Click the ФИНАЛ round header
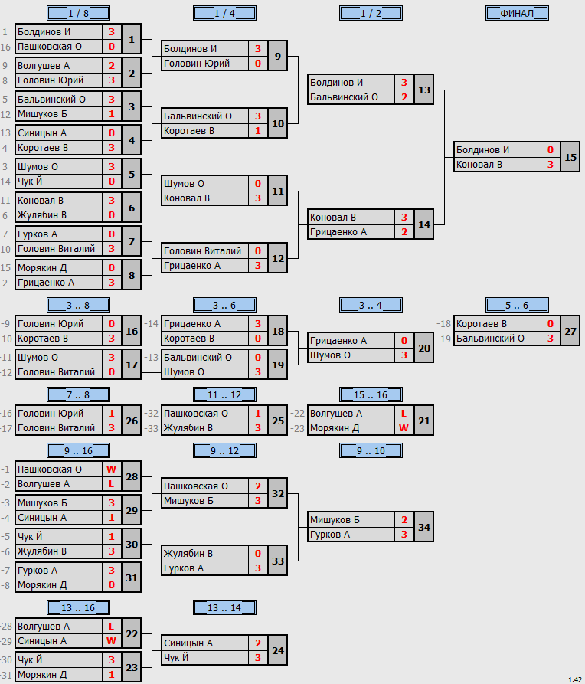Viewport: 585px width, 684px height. point(517,14)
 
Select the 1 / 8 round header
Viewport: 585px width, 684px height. point(79,14)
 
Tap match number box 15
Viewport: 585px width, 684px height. point(570,157)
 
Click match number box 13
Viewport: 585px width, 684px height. point(424,90)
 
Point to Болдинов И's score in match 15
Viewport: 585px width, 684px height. point(551,150)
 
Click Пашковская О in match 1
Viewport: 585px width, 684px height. point(50,47)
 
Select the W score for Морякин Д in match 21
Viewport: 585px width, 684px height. point(404,428)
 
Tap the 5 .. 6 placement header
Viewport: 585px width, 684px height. point(517,306)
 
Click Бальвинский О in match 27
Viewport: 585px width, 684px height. point(490,339)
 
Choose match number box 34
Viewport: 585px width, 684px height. point(424,527)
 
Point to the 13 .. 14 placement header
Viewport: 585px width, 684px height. point(224,607)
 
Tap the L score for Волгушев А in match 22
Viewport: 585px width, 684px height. point(111,627)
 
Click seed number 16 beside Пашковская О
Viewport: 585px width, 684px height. point(5,47)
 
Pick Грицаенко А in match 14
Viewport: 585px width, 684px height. point(338,232)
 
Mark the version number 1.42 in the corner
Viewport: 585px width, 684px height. point(575,679)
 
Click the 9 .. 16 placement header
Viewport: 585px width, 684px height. point(79,450)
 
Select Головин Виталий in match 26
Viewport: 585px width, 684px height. point(56,428)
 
